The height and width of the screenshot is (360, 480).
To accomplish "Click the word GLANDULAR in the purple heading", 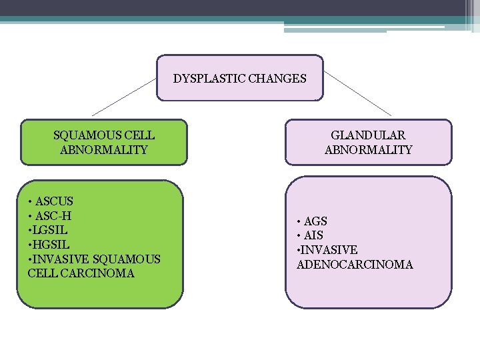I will point(368,135).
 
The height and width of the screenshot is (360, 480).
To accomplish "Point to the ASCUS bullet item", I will point(54,201).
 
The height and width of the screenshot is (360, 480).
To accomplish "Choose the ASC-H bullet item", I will point(53,215).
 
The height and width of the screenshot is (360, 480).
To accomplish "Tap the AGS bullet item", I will point(315,221).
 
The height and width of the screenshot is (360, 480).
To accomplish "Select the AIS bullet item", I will point(313,235).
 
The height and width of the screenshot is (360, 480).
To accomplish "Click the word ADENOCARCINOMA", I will point(355,265).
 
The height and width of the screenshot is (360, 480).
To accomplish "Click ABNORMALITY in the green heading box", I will point(103,150).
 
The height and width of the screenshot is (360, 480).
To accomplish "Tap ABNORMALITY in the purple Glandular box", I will point(368,150).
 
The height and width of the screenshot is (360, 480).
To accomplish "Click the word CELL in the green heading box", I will point(141,135).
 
